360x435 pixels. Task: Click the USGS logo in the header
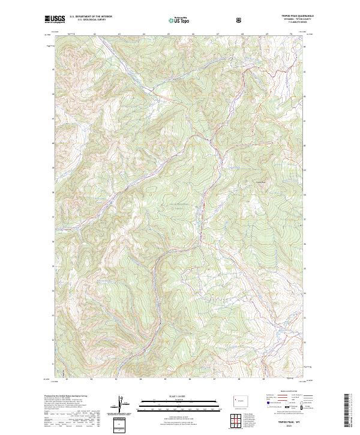point(55,20)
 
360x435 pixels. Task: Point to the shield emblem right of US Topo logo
point(241,20)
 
